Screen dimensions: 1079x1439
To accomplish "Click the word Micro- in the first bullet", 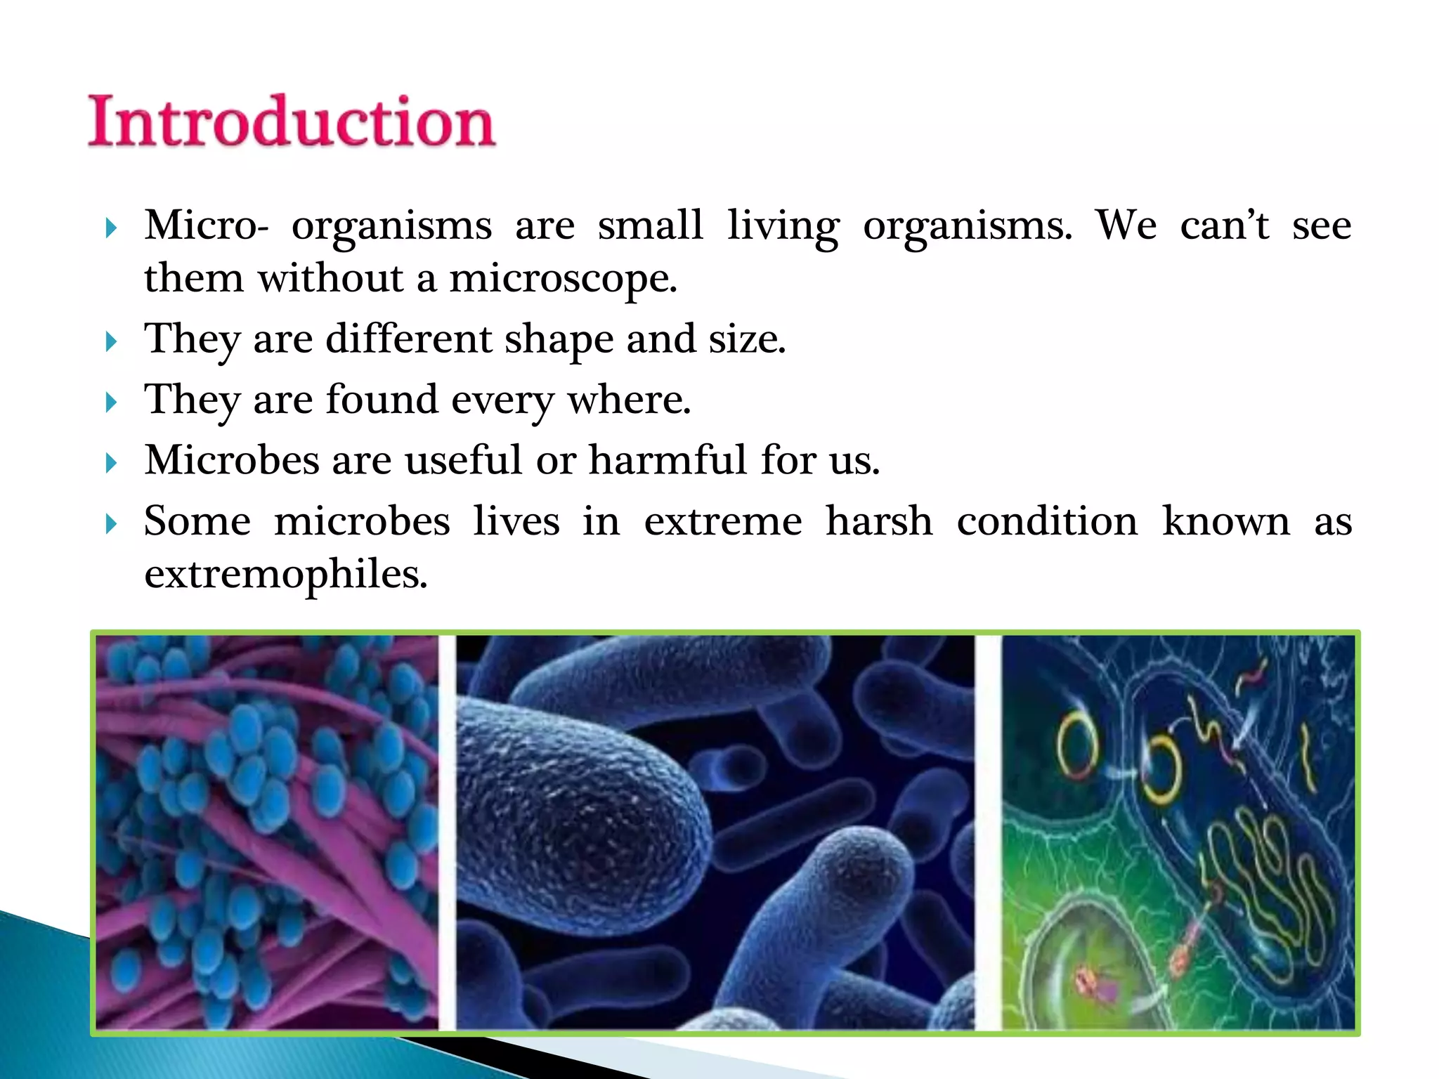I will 207,226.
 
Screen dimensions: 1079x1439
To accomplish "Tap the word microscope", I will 562,279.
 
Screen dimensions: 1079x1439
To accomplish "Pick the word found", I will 382,400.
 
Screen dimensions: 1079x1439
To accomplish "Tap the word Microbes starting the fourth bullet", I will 232,460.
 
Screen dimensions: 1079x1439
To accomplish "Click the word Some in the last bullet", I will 197,522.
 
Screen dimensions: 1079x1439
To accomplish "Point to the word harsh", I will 879,522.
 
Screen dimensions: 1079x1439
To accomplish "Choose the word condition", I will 1047,522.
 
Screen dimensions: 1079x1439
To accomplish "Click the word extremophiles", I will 286,575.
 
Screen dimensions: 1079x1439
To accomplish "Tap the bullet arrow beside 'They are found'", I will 110,403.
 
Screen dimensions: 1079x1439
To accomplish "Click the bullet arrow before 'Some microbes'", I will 110,524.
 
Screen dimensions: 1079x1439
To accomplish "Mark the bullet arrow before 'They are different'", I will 110,342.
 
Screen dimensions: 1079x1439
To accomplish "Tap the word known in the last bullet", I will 1226,522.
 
